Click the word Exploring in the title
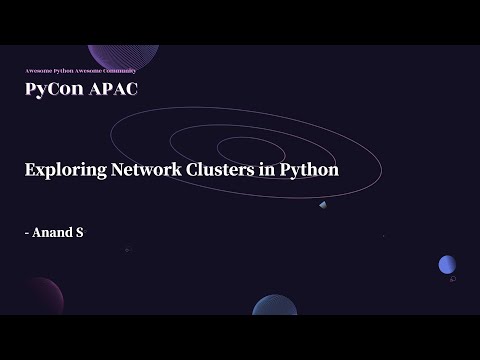[x=62, y=169]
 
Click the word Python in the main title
[x=309, y=170]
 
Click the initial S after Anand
[x=78, y=232]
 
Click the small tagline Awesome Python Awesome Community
[x=80, y=71]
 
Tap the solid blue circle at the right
[x=447, y=264]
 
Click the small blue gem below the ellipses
[x=323, y=204]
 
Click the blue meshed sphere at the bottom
[x=274, y=306]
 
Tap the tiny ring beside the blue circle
[x=453, y=280]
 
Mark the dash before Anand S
[x=27, y=233]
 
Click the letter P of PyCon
[x=30, y=89]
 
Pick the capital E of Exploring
[x=30, y=169]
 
